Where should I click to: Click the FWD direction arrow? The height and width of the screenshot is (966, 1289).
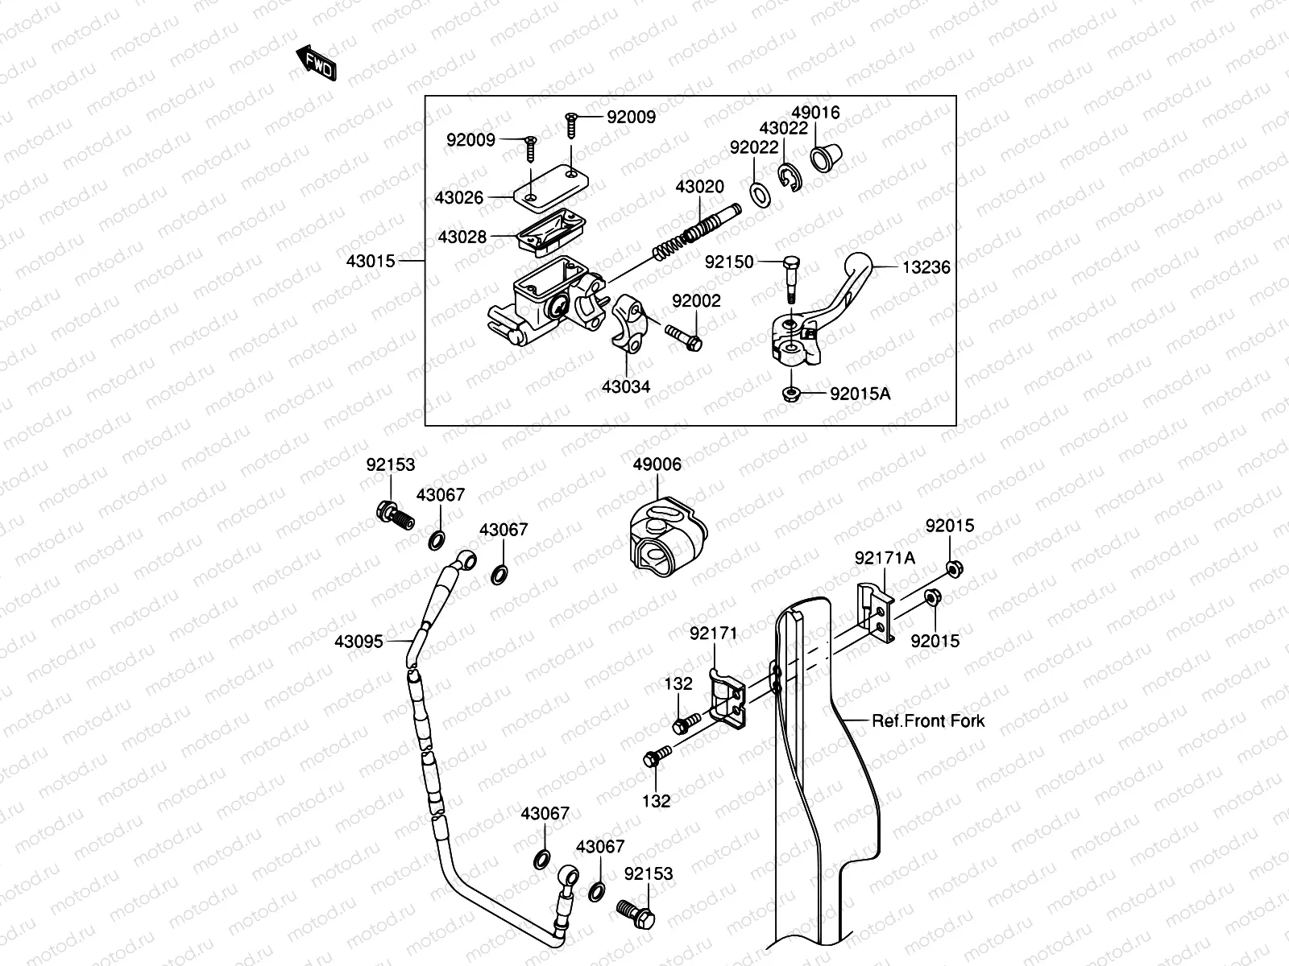pyautogui.click(x=315, y=64)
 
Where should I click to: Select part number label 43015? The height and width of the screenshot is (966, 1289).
pyautogui.click(x=371, y=262)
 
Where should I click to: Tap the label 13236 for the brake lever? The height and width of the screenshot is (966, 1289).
pyautogui.click(x=926, y=268)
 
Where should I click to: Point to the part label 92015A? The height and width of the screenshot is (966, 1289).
pyautogui.click(x=860, y=394)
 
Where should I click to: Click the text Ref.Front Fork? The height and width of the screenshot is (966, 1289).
pyautogui.click(x=928, y=721)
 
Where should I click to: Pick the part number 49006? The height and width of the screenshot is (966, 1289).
pyautogui.click(x=657, y=464)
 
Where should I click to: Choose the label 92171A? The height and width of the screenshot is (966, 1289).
pyautogui.click(x=885, y=558)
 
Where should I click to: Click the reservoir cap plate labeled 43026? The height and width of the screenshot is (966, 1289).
pyautogui.click(x=551, y=188)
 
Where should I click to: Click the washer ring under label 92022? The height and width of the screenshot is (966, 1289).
pyautogui.click(x=759, y=193)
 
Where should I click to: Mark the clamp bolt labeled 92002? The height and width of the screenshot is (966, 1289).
pyautogui.click(x=684, y=337)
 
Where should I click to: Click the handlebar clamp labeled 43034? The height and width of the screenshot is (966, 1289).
pyautogui.click(x=628, y=322)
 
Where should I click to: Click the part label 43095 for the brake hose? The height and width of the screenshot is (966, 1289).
pyautogui.click(x=359, y=642)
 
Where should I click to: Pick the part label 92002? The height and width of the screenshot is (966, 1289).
pyautogui.click(x=696, y=301)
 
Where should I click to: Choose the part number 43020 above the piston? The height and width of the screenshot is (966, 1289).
pyautogui.click(x=699, y=187)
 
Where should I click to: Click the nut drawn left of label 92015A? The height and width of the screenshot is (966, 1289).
pyautogui.click(x=792, y=394)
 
